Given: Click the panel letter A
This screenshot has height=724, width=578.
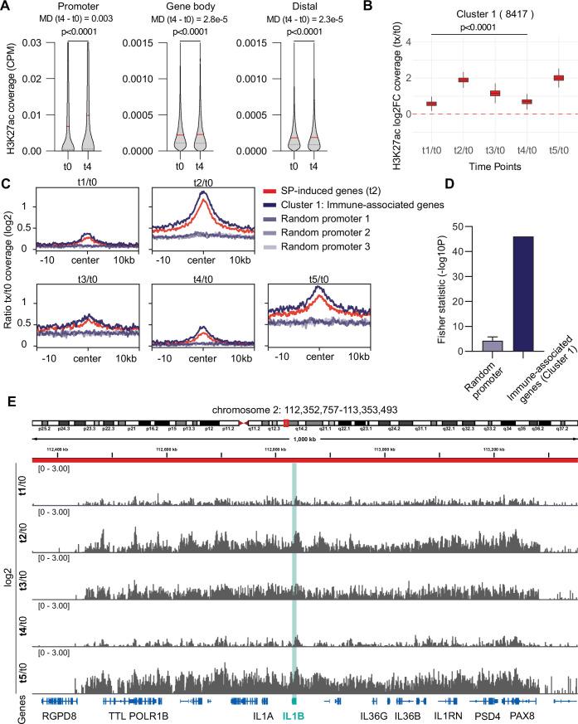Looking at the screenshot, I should pos(7,7).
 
